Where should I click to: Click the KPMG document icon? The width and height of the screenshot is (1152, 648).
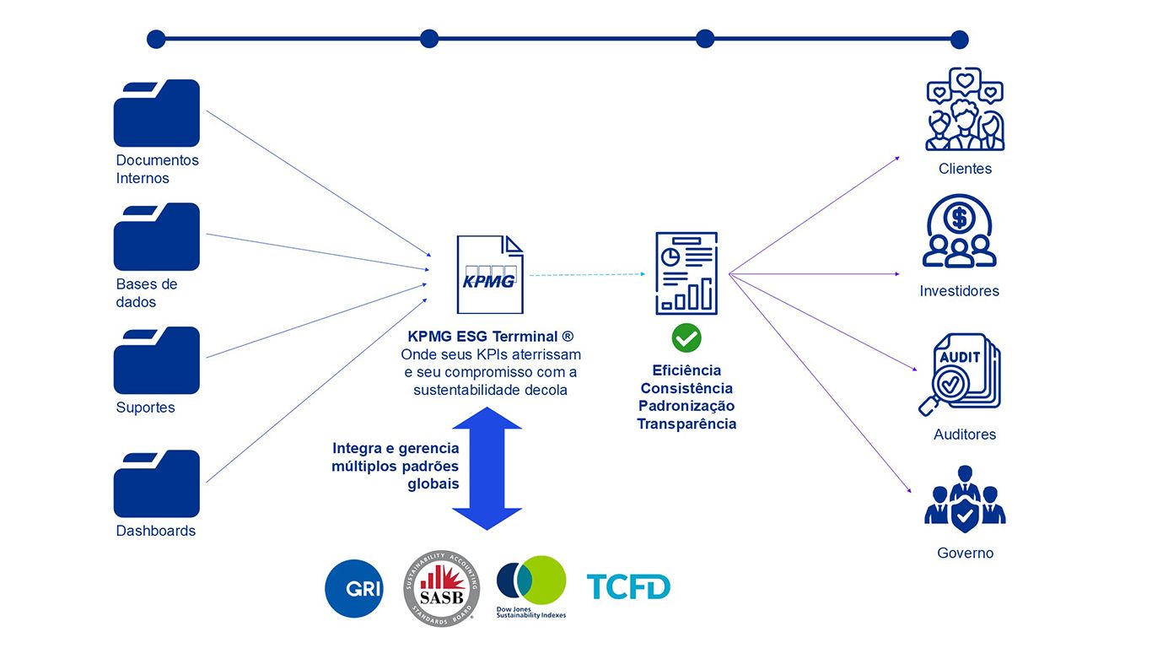pyautogui.click(x=489, y=275)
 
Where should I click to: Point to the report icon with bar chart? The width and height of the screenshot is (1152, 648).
pyautogui.click(x=686, y=273)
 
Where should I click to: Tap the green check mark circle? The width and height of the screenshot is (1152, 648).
pyautogui.click(x=686, y=338)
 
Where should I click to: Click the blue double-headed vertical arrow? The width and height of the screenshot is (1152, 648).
pyautogui.click(x=487, y=468)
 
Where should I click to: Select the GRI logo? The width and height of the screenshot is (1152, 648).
pyautogui.click(x=354, y=588)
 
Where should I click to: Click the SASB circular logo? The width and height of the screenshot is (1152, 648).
pyautogui.click(x=442, y=589)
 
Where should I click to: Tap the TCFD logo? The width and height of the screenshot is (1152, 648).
pyautogui.click(x=628, y=586)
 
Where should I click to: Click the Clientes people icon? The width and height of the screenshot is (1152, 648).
pyautogui.click(x=965, y=110)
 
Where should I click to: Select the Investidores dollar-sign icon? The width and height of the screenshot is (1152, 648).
pyautogui.click(x=960, y=231)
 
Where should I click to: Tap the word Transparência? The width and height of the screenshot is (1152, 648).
pyautogui.click(x=686, y=424)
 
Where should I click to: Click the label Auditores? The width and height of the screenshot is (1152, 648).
pyautogui.click(x=965, y=435)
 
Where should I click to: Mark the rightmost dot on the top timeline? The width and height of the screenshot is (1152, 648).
pyautogui.click(x=959, y=40)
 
